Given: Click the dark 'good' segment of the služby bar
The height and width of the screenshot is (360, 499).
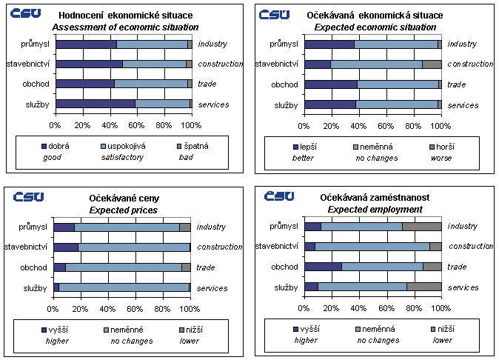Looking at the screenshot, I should coord(95,104).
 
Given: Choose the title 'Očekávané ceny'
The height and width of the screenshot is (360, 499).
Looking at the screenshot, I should coord(124,199).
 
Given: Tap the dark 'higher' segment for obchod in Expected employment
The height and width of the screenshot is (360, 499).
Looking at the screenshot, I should coord(323,267).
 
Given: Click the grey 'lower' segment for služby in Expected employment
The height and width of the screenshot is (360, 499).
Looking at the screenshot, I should coord(424,287).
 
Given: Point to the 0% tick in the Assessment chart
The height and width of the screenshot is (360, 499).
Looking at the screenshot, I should coord(56,124).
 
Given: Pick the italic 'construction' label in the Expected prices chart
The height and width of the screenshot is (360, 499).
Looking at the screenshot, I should coord(220,247).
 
